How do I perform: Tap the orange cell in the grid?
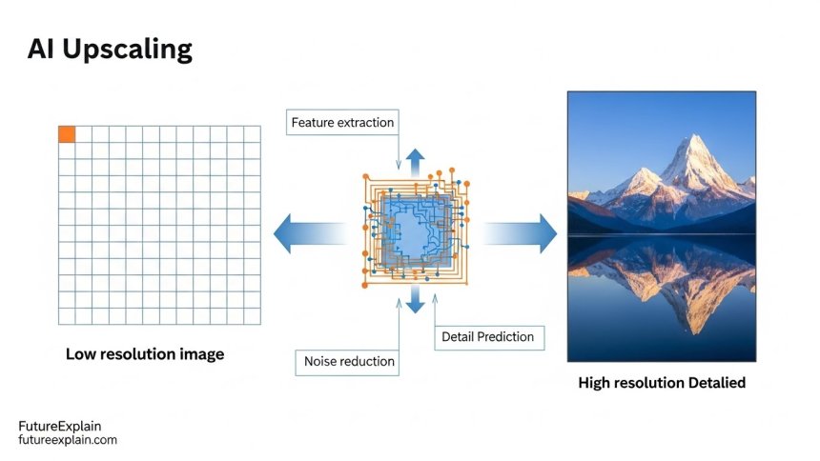[67, 134]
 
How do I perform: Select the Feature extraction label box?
[342, 123]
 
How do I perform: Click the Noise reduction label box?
[349, 361]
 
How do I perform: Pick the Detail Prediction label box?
[487, 336]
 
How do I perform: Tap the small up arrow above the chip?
[416, 159]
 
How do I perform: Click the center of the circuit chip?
[415, 230]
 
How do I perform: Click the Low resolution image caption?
[145, 354]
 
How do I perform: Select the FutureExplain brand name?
[60, 426]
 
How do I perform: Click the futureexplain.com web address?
[68, 440]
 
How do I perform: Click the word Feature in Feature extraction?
[313, 123]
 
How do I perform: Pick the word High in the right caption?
[596, 383]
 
